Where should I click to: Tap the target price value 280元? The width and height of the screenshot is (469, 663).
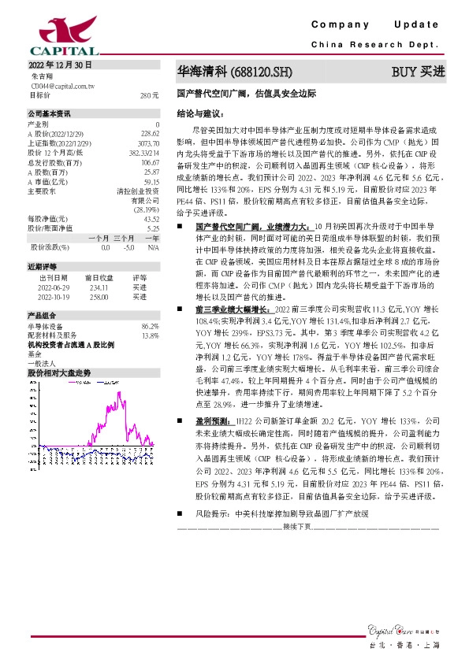pyautogui.click(x=150, y=94)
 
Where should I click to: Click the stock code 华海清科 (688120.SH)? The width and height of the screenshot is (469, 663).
pyautogui.click(x=235, y=72)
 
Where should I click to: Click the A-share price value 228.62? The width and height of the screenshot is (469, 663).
pyautogui.click(x=150, y=134)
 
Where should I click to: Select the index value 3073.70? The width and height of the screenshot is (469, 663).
pyautogui.click(x=148, y=143)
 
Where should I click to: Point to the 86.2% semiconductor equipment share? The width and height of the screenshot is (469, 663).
pyautogui.click(x=150, y=326)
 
